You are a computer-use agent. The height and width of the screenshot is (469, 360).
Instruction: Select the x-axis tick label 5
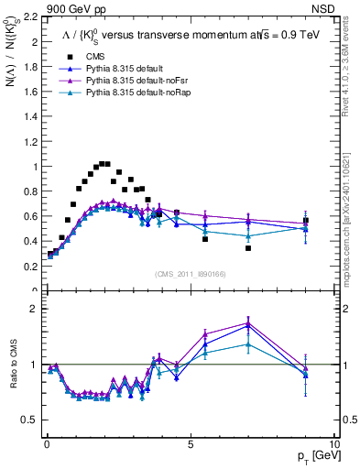point(190,444)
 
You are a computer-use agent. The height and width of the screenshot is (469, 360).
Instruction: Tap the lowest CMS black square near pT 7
point(248,248)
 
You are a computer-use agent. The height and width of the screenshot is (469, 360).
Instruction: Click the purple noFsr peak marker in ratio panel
point(248,322)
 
